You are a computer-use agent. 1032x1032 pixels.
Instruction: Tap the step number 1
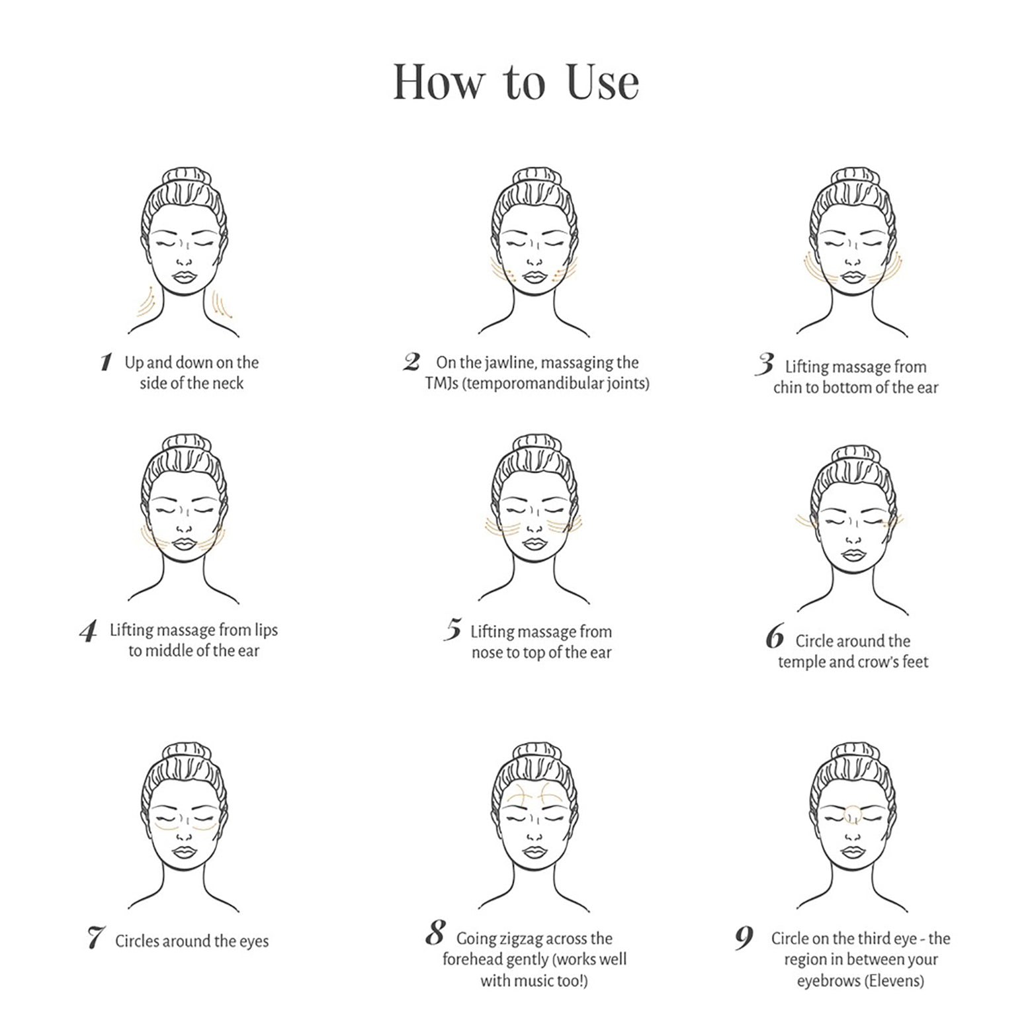pos(106,363)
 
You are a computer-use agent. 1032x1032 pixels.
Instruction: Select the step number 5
pos(453,629)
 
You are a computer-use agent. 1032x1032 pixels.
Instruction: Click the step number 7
pos(96,937)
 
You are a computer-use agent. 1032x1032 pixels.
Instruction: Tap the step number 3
pos(765,364)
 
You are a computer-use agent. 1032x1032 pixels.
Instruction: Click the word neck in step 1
pos(228,383)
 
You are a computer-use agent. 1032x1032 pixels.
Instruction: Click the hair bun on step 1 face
pos(186,177)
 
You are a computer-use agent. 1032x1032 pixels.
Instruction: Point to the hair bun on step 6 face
pos(854,455)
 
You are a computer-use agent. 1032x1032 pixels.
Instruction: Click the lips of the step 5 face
pos(534,544)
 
